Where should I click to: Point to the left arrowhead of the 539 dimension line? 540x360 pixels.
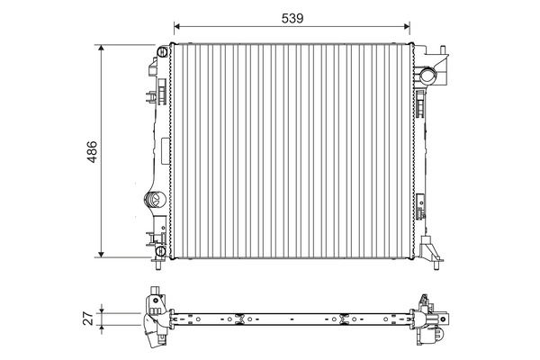pos(176,26)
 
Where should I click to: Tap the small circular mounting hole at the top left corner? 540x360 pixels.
pos(162,49)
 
